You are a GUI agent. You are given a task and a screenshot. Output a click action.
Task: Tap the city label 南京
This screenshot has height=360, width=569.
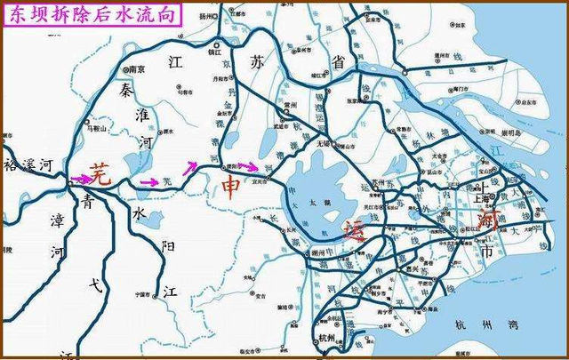(x=136, y=68)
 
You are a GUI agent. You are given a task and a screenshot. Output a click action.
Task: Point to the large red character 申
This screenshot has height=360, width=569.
(x=229, y=188)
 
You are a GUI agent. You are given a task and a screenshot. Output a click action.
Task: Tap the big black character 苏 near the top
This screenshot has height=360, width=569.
(x=257, y=64)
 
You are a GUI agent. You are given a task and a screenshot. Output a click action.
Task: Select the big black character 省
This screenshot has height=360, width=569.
(x=336, y=60)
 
